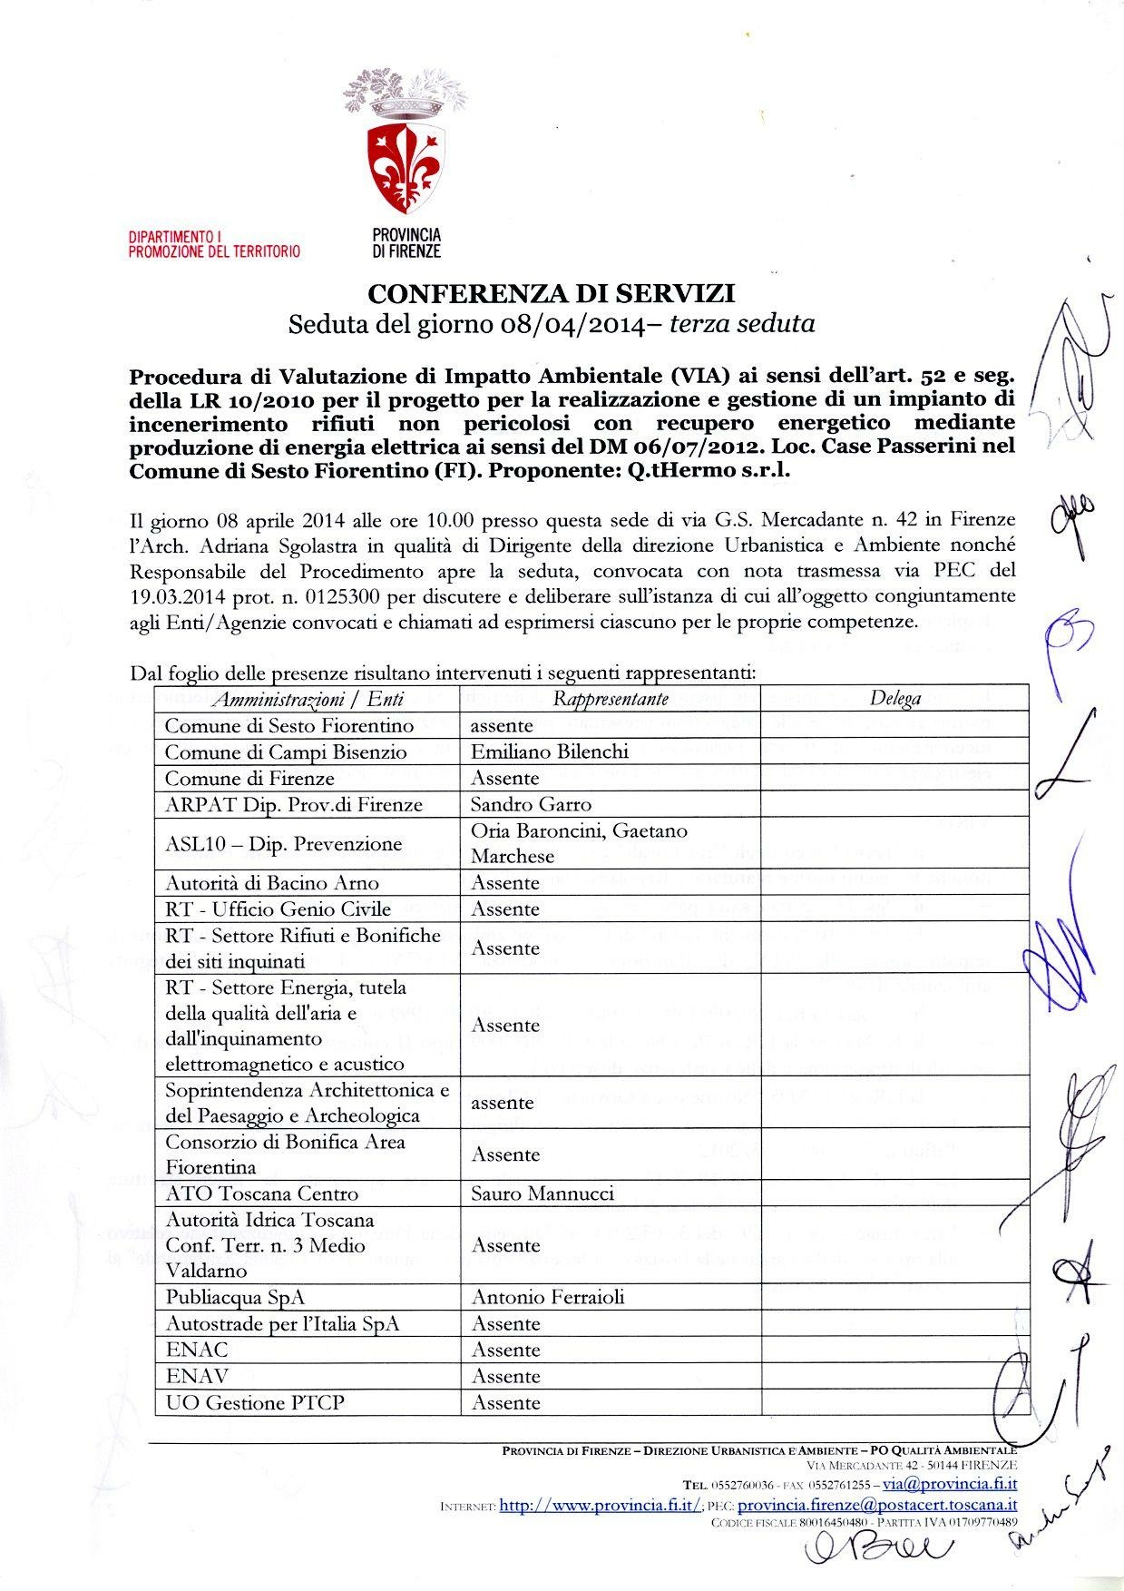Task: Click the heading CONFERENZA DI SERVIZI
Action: (551, 293)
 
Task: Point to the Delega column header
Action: (894, 698)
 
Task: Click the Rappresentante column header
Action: (611, 698)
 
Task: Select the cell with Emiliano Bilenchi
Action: (550, 751)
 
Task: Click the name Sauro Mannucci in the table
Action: (542, 1193)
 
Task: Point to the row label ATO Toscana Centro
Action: (261, 1193)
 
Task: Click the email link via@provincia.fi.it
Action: (949, 1483)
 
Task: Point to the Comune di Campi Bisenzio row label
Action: (286, 751)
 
